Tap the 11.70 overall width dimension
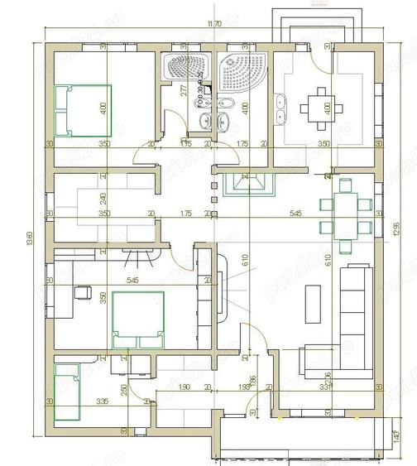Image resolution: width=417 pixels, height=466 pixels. [213, 26]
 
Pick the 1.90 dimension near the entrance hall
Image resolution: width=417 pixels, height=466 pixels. [185, 387]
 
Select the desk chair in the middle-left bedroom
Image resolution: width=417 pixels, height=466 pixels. [82, 291]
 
